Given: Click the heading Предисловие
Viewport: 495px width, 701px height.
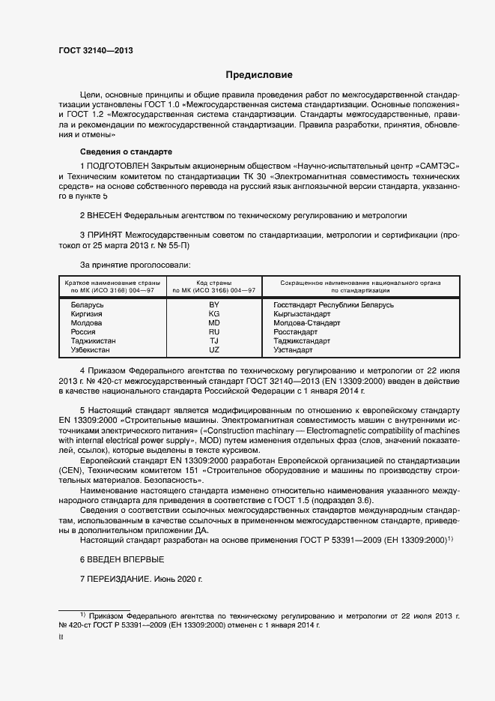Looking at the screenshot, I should pos(260,75).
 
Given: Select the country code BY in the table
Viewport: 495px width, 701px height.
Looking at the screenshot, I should pos(214,305).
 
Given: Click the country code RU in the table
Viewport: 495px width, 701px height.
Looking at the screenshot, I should pos(214,331).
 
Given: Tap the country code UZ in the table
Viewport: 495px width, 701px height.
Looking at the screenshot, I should pos(214,349).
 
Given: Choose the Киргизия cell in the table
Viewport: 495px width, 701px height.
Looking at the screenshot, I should pos(88,314).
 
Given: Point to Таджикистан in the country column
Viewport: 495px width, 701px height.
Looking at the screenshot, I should pos(93,340).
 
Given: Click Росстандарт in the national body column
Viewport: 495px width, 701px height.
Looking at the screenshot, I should pos(296,331).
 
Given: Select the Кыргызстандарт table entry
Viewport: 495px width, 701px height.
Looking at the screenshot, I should pos(303,314).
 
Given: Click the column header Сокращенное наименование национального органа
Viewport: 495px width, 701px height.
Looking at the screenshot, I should pos(360,283).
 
